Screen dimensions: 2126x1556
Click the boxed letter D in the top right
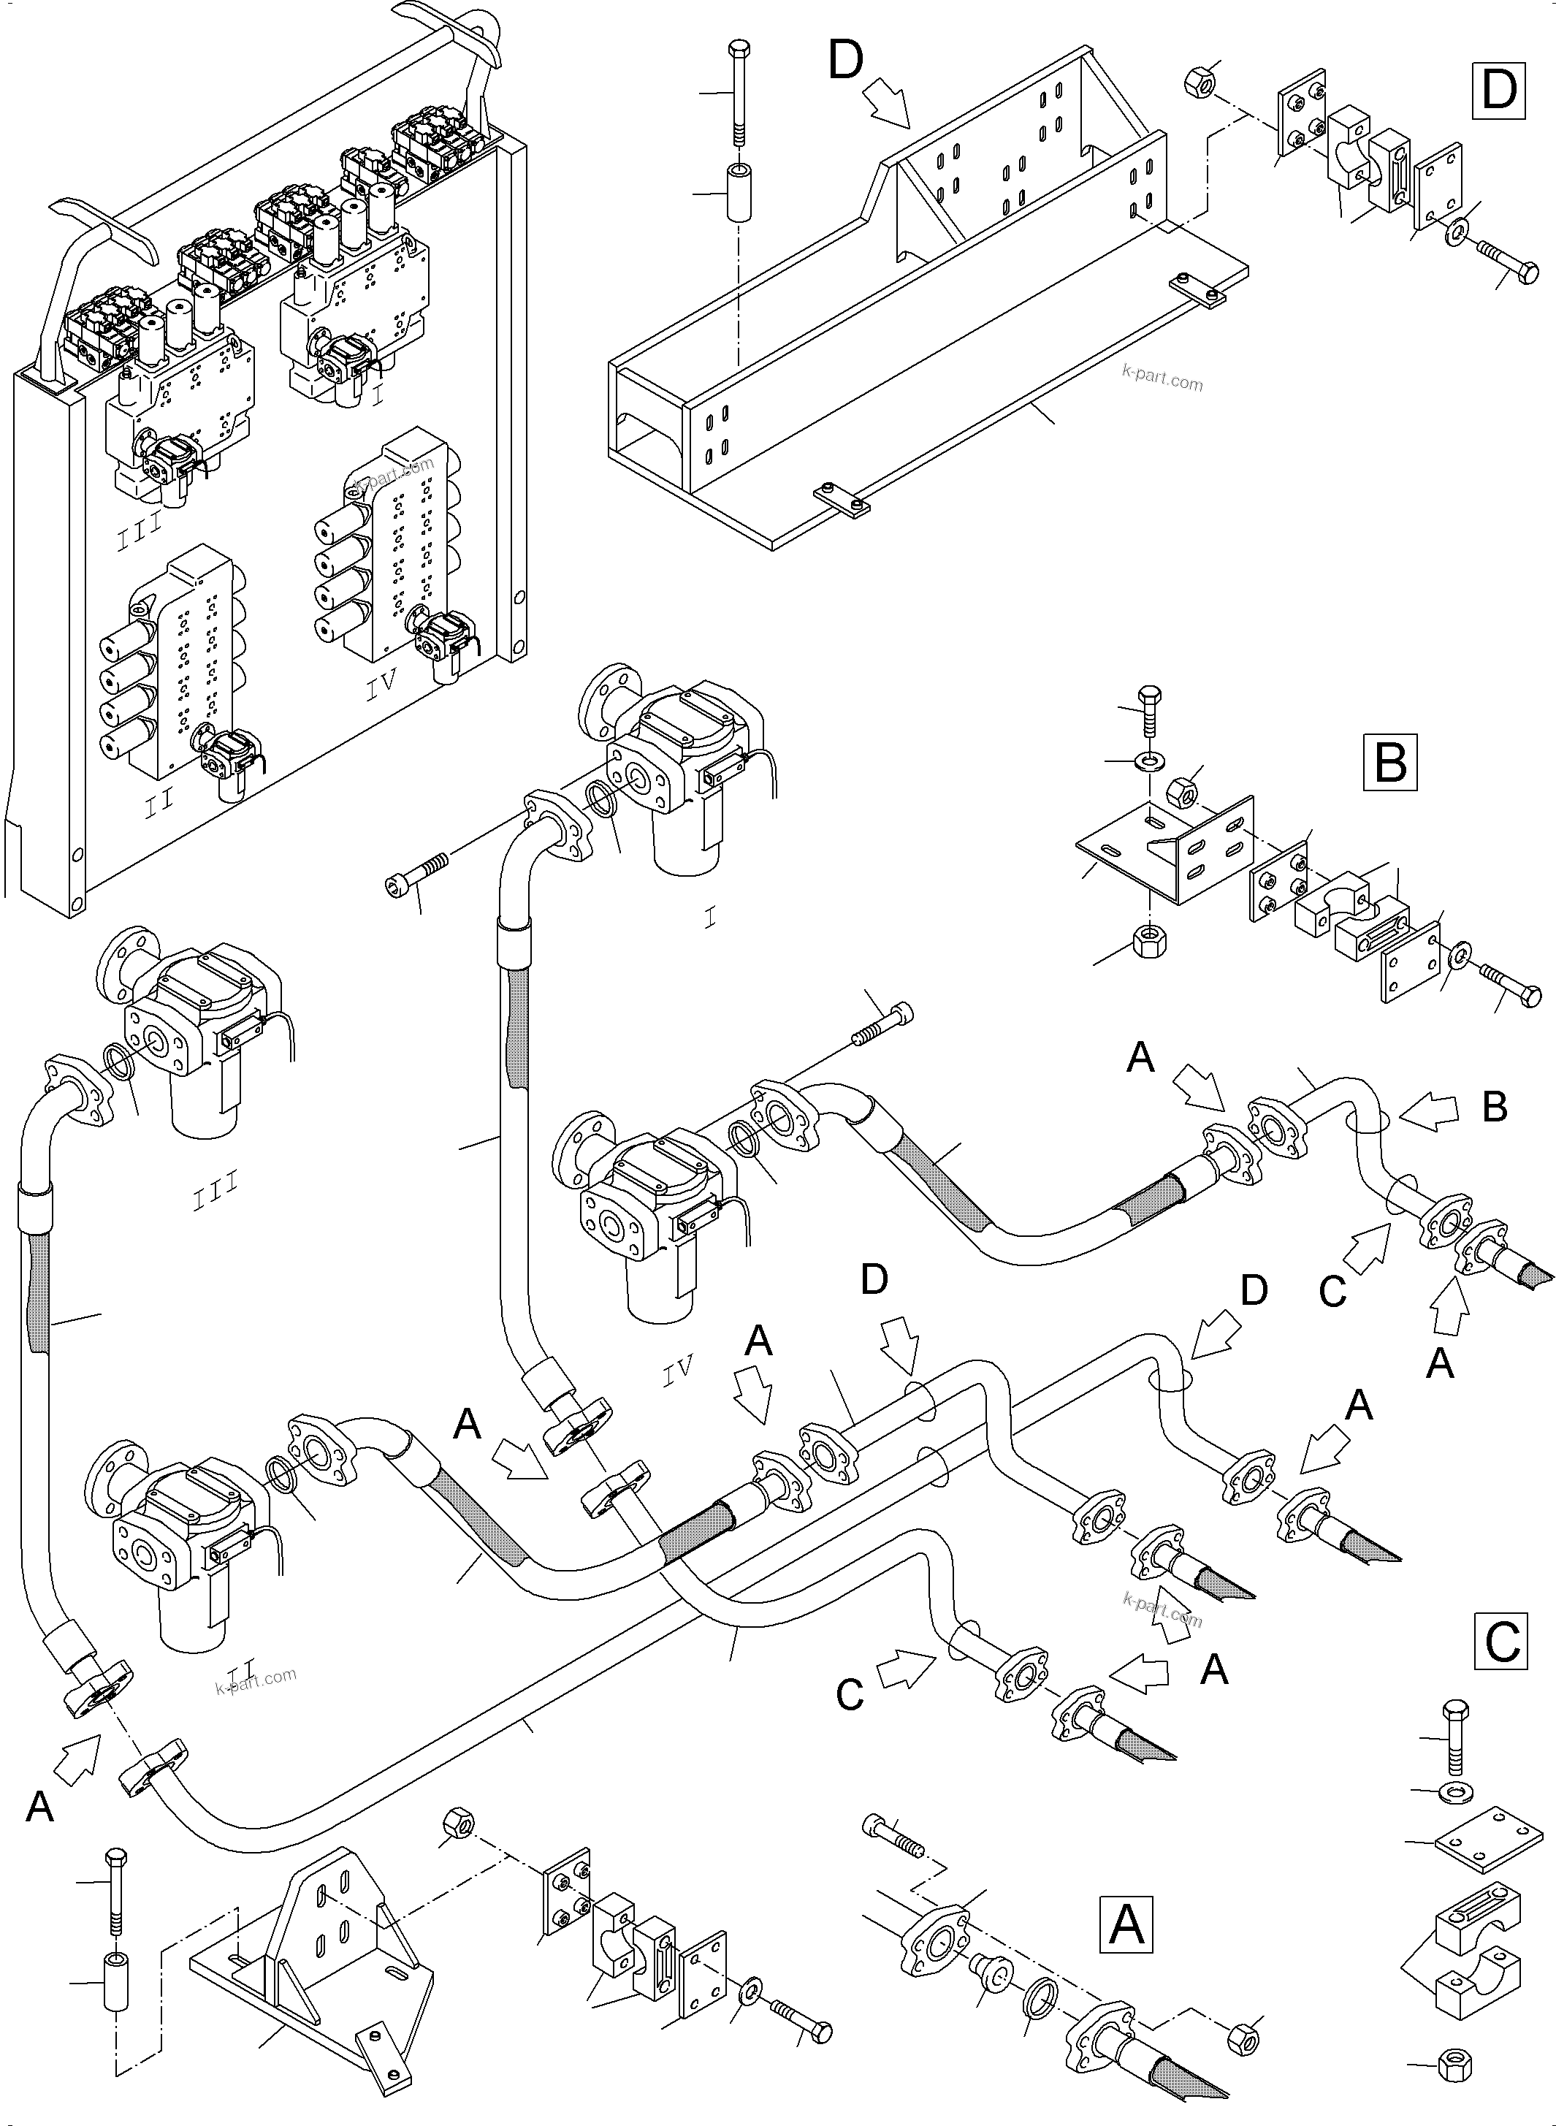pyautogui.click(x=1498, y=91)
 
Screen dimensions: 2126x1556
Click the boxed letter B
pyautogui.click(x=1390, y=763)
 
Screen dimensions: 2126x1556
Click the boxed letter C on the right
pyautogui.click(x=1500, y=1642)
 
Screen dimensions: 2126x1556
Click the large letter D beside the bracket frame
pyautogui.click(x=845, y=61)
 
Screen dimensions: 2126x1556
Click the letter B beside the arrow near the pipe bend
pyautogui.click(x=1495, y=1108)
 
